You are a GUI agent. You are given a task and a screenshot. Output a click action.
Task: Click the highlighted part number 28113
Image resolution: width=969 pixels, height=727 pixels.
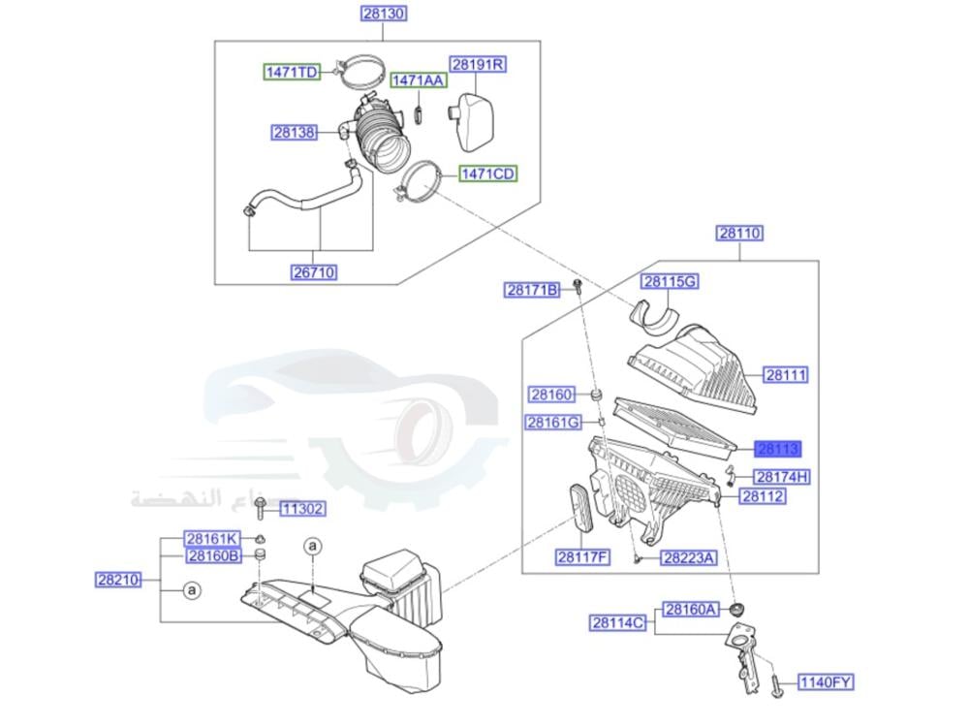tap(779, 448)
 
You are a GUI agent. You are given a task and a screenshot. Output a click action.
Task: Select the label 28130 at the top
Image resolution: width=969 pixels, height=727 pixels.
tap(383, 14)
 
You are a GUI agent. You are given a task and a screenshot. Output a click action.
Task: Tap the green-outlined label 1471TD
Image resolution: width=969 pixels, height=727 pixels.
tap(294, 73)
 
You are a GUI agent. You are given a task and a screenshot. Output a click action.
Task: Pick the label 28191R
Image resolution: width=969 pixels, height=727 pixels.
tap(480, 65)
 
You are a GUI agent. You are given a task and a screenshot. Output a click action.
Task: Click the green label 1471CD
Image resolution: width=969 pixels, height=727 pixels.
tap(487, 174)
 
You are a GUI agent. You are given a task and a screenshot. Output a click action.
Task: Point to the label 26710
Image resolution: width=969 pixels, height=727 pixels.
tap(314, 272)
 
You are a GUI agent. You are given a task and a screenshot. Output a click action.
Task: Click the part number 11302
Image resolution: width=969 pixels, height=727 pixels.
tap(302, 509)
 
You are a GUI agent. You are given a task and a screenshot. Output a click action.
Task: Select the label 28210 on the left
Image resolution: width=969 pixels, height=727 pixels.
tap(118, 581)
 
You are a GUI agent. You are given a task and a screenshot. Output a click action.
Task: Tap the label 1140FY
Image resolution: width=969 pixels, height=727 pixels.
tap(826, 683)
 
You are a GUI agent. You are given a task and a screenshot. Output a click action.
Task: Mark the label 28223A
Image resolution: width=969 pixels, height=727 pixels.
tap(688, 557)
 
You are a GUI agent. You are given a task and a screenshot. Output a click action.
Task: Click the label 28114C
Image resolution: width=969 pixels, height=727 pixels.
tap(618, 622)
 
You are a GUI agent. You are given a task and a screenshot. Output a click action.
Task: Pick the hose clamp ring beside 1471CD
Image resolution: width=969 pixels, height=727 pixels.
tap(419, 183)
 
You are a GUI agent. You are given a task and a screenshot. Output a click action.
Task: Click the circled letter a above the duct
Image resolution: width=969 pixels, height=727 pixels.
tap(313, 547)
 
